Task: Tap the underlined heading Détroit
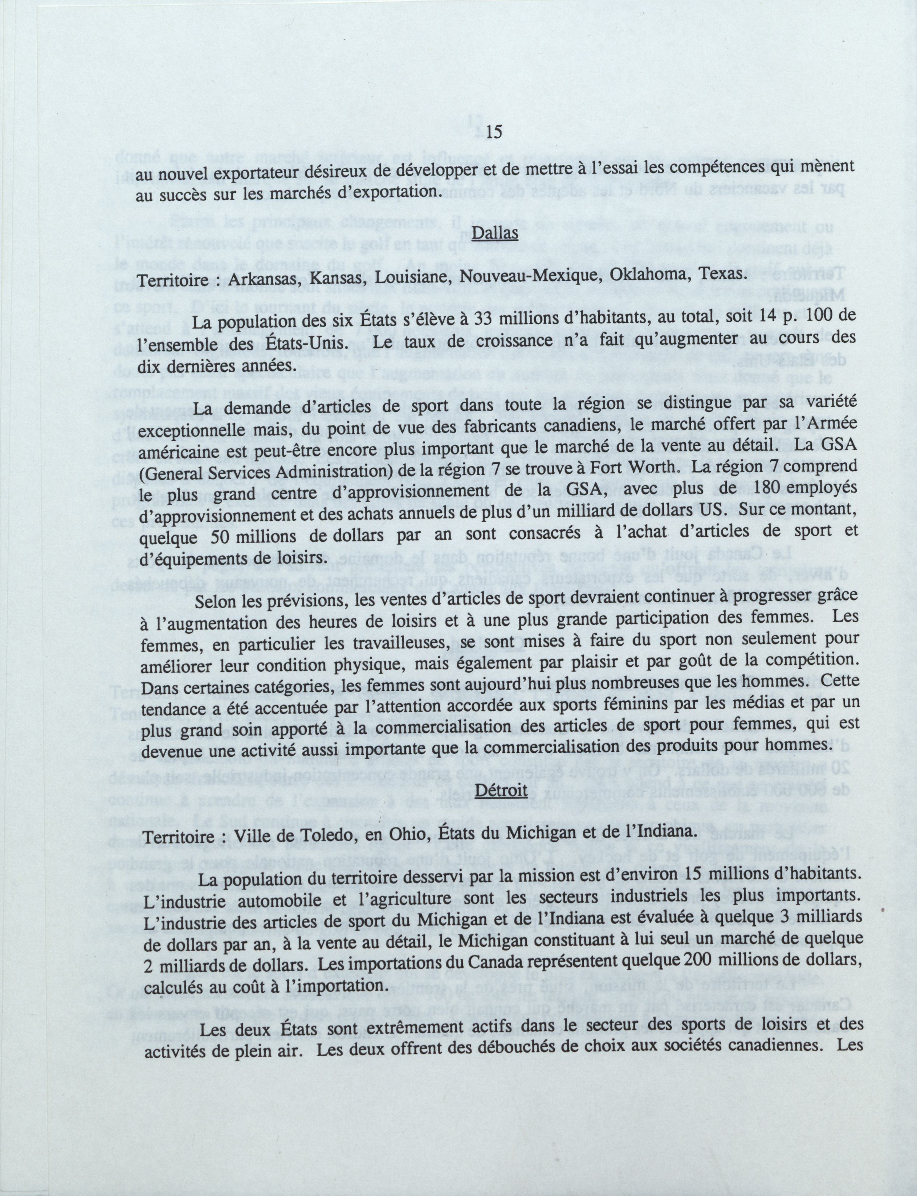coord(501,804)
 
